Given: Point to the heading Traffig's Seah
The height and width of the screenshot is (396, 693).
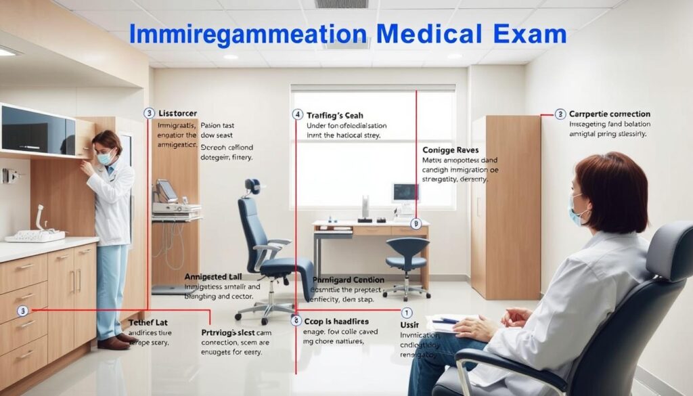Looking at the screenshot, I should point(335,115).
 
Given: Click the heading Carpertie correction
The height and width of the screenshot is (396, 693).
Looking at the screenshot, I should point(610,114).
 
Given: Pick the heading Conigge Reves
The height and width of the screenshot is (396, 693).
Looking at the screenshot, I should point(449,148).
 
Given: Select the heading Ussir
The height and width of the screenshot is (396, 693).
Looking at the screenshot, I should point(409,326).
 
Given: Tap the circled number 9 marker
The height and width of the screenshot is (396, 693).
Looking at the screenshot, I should point(416,223).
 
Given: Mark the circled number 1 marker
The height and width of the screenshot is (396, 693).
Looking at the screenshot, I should point(407,313).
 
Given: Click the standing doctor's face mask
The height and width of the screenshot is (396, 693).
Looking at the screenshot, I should point(105,158).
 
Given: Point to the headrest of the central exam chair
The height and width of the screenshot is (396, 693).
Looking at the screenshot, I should point(253,186).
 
